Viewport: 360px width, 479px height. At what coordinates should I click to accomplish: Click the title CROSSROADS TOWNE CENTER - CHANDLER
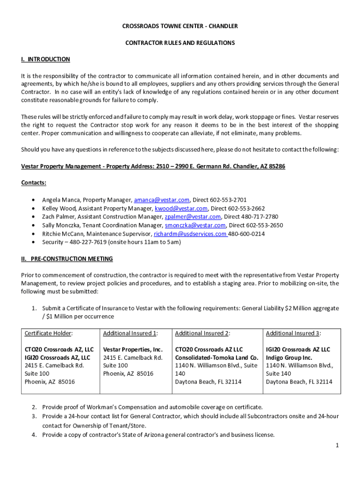(180, 26)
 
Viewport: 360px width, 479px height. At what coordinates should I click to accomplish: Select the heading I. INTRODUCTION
(45, 59)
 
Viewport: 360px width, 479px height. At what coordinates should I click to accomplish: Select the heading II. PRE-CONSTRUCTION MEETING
(67, 259)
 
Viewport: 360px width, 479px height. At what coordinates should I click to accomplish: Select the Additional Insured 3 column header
(293, 333)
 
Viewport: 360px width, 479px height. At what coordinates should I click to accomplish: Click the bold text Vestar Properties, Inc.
(133, 349)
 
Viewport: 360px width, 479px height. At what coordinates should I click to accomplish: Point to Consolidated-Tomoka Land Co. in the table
(216, 358)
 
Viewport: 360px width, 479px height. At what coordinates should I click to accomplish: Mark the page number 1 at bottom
(337, 445)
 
